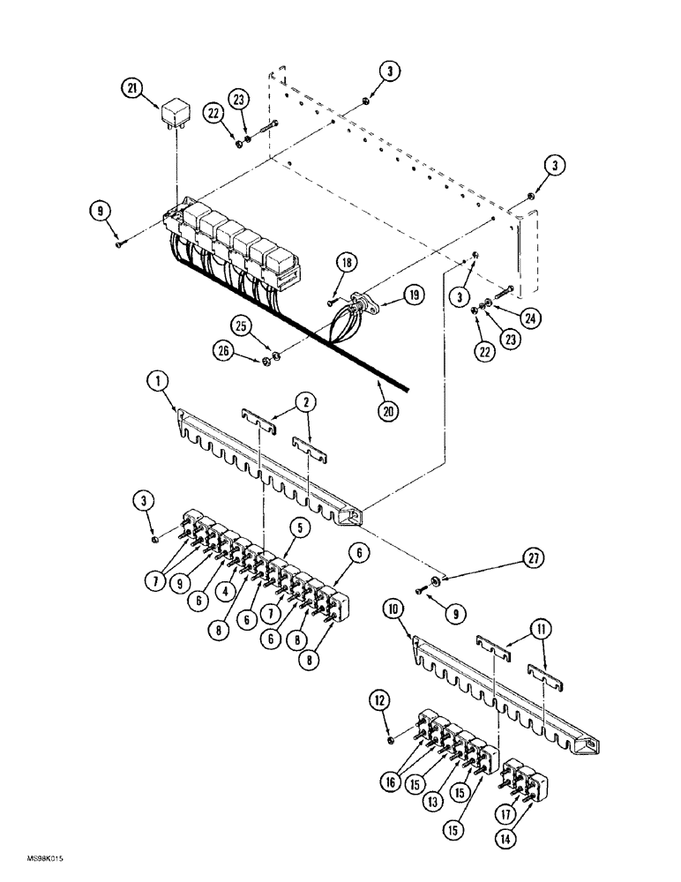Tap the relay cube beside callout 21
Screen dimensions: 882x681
174,113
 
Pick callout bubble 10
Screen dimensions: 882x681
393,608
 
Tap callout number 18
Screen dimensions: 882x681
345,263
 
